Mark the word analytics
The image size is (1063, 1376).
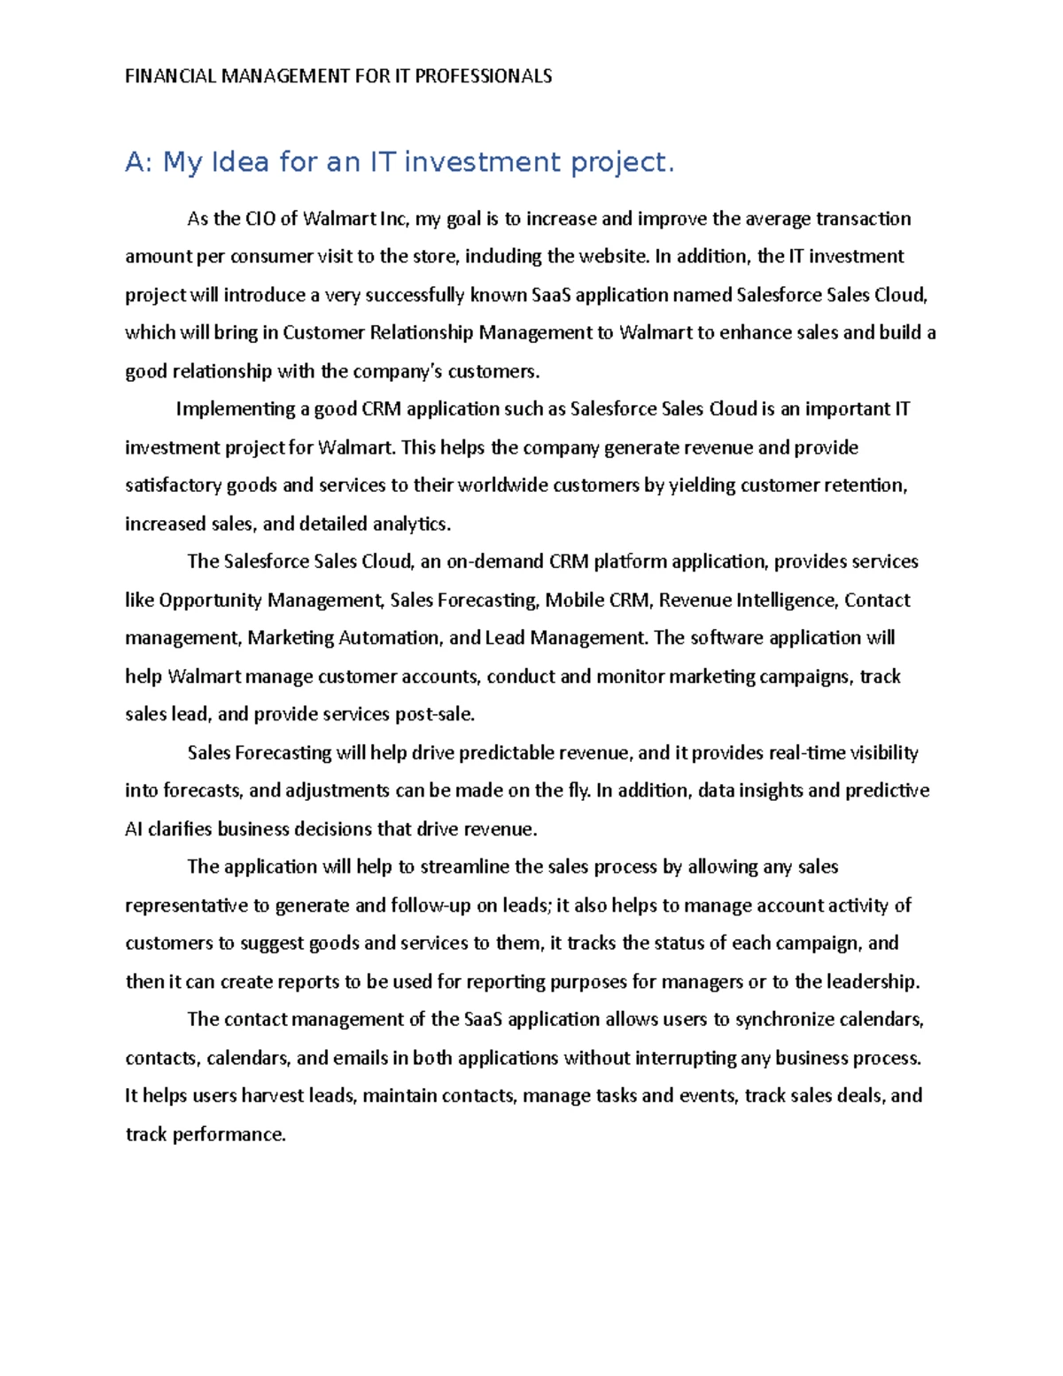click(x=411, y=524)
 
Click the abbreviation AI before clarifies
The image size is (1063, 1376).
click(x=134, y=829)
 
